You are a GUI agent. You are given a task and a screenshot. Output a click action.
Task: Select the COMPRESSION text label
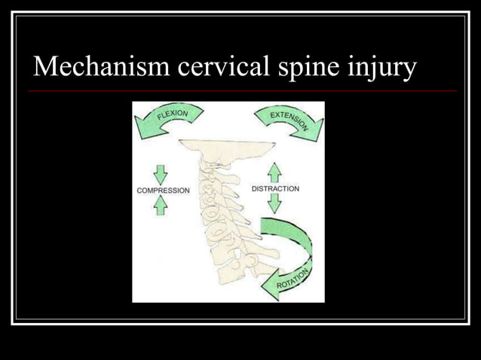[163, 191]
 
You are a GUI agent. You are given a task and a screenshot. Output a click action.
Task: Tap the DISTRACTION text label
[275, 188]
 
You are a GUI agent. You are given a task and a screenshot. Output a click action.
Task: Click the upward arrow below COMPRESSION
[161, 206]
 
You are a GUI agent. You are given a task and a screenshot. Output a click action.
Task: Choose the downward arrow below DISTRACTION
[274, 203]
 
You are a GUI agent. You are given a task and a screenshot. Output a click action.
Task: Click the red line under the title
[241, 91]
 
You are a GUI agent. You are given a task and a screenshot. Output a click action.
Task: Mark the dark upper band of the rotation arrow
[290, 227]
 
